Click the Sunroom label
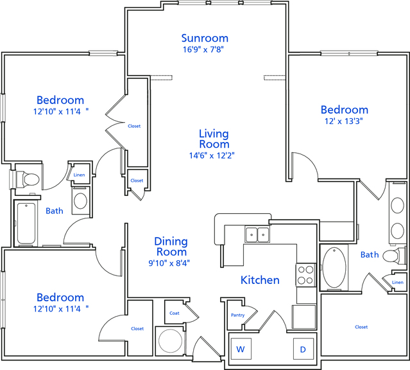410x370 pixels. click(205, 39)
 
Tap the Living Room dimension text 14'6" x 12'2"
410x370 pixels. click(212, 155)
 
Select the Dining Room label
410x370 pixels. click(171, 247)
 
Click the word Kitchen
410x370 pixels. click(260, 280)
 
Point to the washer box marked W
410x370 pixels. click(241, 349)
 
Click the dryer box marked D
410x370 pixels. click(303, 349)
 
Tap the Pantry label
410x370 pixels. click(237, 315)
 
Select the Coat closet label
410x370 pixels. click(175, 313)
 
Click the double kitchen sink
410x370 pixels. click(257, 234)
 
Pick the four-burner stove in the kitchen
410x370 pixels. click(305, 275)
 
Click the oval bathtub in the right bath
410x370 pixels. click(334, 268)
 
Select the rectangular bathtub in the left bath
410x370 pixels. click(26, 224)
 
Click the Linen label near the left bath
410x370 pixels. click(79, 175)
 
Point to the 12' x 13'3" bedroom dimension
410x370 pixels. click(344, 121)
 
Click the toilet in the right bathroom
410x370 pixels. click(394, 255)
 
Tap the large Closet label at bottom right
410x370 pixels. click(361, 327)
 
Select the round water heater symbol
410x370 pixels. click(171, 341)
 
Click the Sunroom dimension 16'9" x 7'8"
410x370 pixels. click(203, 49)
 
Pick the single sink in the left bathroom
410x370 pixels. click(81, 200)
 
